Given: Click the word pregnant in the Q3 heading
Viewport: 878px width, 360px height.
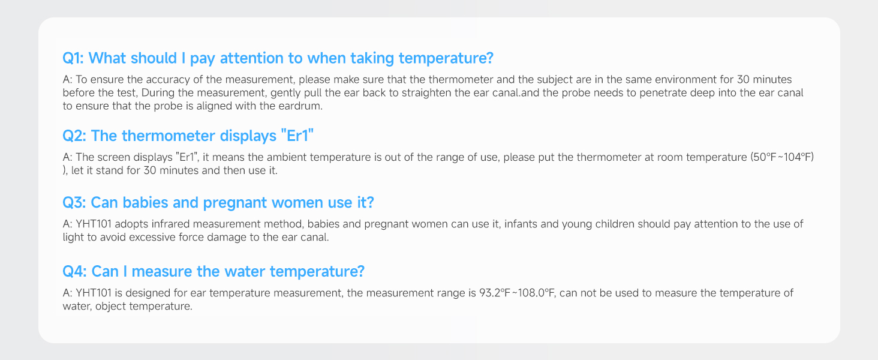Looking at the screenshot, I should tap(234, 203).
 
